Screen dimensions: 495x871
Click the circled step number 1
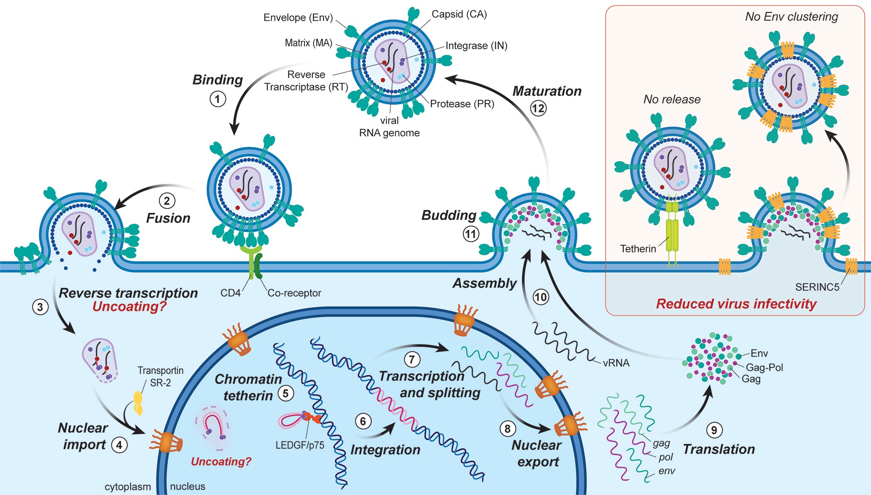tap(218, 99)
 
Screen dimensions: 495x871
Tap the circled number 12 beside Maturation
tap(538, 109)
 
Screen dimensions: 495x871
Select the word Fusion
tap(168, 218)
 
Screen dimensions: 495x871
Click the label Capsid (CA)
tap(459, 14)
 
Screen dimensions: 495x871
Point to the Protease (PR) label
tap(462, 104)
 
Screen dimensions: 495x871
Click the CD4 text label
tap(230, 293)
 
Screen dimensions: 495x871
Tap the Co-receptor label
tap(294, 293)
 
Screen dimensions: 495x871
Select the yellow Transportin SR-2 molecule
tap(138, 403)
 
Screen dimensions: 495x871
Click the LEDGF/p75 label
tap(300, 445)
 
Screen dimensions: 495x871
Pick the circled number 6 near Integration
tap(363, 421)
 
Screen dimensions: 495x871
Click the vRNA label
tap(616, 363)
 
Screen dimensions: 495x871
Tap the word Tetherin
tap(638, 249)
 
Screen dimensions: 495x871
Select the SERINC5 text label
tap(817, 287)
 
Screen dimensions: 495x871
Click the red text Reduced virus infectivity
tap(736, 304)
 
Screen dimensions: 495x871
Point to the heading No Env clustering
tap(791, 17)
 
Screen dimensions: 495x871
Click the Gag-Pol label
tap(764, 367)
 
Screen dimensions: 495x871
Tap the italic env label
tap(667, 471)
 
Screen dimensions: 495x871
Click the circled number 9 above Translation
tap(714, 430)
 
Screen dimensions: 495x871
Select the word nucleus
tap(187, 486)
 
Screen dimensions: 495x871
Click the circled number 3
tap(40, 307)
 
